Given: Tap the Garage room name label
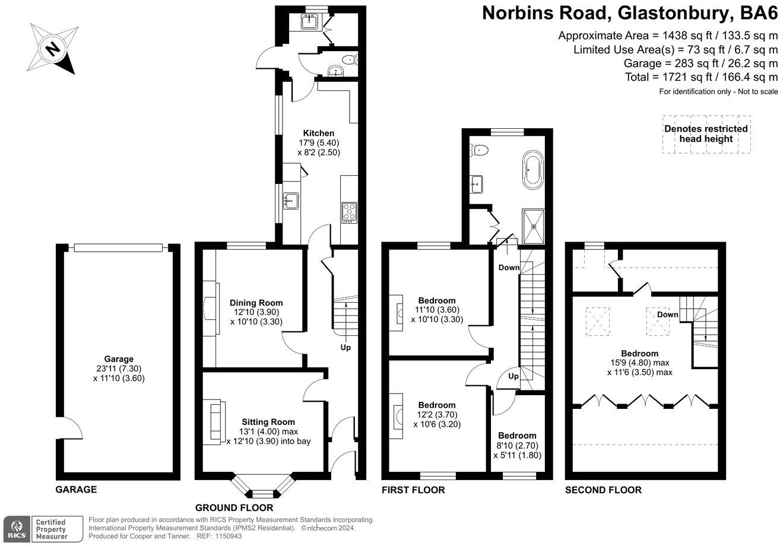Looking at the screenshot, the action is [x=119, y=359].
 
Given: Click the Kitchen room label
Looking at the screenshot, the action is [x=319, y=133].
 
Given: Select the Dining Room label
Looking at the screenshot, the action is [x=256, y=303].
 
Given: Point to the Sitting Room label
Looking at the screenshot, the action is [x=268, y=422].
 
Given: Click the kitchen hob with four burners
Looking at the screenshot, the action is [x=349, y=212].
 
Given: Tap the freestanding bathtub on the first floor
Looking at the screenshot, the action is [x=533, y=170].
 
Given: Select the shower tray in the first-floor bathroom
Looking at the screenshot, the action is [x=533, y=226].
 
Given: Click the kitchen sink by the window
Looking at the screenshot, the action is [x=291, y=201].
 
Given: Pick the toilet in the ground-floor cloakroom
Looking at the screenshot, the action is [x=349, y=60].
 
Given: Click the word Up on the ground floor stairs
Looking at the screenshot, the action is [x=345, y=348].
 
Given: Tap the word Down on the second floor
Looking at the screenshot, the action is [x=668, y=315].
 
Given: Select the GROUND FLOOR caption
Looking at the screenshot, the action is [x=234, y=507].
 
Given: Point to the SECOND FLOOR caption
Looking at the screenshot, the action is [x=603, y=490].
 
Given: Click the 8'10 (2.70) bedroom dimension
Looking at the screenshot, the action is [x=518, y=445].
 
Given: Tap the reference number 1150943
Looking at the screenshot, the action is [x=229, y=537].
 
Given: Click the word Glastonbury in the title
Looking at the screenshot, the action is [x=673, y=13].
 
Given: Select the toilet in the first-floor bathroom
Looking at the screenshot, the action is [x=479, y=150].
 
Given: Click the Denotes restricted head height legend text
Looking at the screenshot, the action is [x=706, y=134].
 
